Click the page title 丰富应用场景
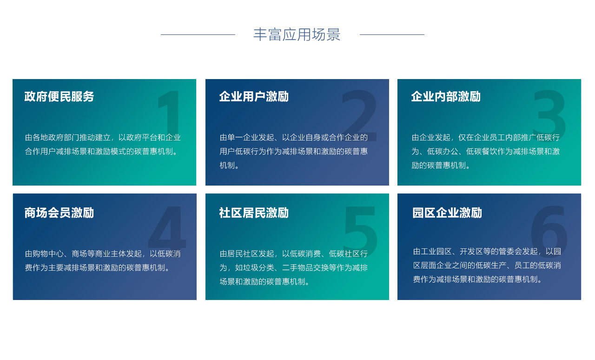pyautogui.click(x=297, y=34)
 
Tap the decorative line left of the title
pyautogui.click(x=198, y=34)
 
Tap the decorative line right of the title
pyautogui.click(x=392, y=34)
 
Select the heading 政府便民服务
pyautogui.click(x=59, y=97)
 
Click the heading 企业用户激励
pyautogui.click(x=254, y=97)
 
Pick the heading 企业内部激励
pyautogui.click(x=446, y=97)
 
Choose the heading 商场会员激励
pyautogui.click(x=59, y=213)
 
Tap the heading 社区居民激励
pyautogui.click(x=254, y=213)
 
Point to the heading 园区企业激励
pyautogui.click(x=447, y=213)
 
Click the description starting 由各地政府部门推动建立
pyautogui.click(x=103, y=144)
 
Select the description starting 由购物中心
pyautogui.click(x=103, y=260)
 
